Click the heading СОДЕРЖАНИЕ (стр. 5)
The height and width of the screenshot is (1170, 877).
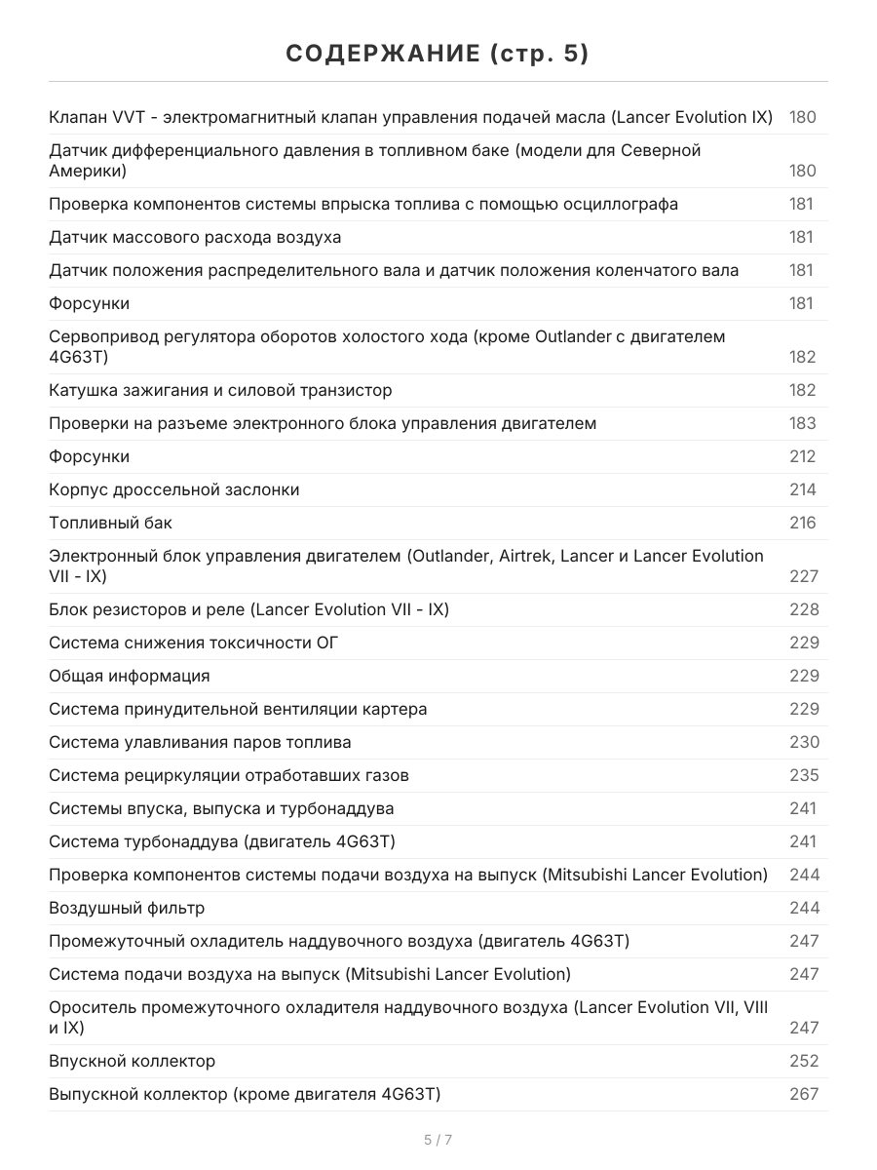pos(438,55)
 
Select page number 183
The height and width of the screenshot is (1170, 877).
pos(802,423)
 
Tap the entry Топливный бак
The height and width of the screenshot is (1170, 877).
pos(110,523)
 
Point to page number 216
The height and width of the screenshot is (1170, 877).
pos(802,523)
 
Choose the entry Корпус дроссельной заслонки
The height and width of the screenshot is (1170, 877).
pos(173,489)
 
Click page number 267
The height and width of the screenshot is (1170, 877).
pos(803,1094)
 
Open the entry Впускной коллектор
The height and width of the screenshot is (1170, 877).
pos(132,1061)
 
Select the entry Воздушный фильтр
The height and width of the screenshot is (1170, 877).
pos(127,908)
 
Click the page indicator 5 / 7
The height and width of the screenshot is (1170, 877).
pos(438,1140)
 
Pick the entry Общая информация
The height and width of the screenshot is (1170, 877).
pos(129,676)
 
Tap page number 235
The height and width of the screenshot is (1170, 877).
pos(803,775)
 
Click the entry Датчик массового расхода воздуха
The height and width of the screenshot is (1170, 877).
pos(195,237)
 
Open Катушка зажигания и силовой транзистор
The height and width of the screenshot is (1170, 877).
pos(220,390)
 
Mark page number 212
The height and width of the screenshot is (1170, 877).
pos(802,456)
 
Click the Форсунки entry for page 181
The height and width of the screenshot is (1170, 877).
pos(89,303)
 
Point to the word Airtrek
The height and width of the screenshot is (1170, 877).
pos(531,556)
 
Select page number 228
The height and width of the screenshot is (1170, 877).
pos(803,609)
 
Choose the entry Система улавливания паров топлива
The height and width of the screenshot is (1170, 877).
pos(200,742)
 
